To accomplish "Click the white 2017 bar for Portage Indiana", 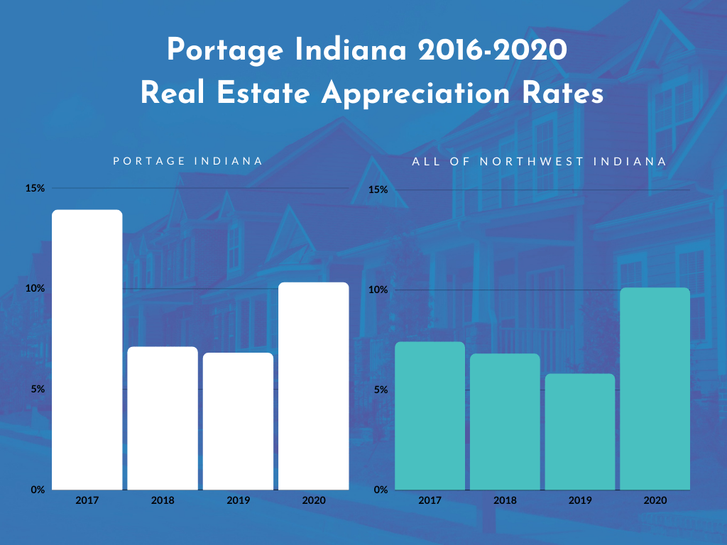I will (x=87, y=349).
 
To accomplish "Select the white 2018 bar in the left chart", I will (x=163, y=418).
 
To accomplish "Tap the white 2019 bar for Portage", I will (x=238, y=421).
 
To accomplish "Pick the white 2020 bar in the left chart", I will (x=313, y=386).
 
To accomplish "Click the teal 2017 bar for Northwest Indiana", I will (x=430, y=416).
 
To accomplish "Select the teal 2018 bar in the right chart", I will (x=505, y=422).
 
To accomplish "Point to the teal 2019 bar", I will (x=580, y=431).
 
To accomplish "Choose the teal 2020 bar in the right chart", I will (x=655, y=388).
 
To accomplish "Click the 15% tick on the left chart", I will (x=35, y=188).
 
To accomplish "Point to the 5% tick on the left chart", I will (x=37, y=389).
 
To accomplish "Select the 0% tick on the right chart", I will (x=381, y=490).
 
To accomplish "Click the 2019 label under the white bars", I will (x=238, y=500).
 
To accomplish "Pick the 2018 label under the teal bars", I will (x=505, y=500).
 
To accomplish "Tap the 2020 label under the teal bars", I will (x=655, y=500).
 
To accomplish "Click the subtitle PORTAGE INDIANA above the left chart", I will (x=188, y=161).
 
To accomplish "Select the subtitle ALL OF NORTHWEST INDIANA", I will (x=540, y=162).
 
